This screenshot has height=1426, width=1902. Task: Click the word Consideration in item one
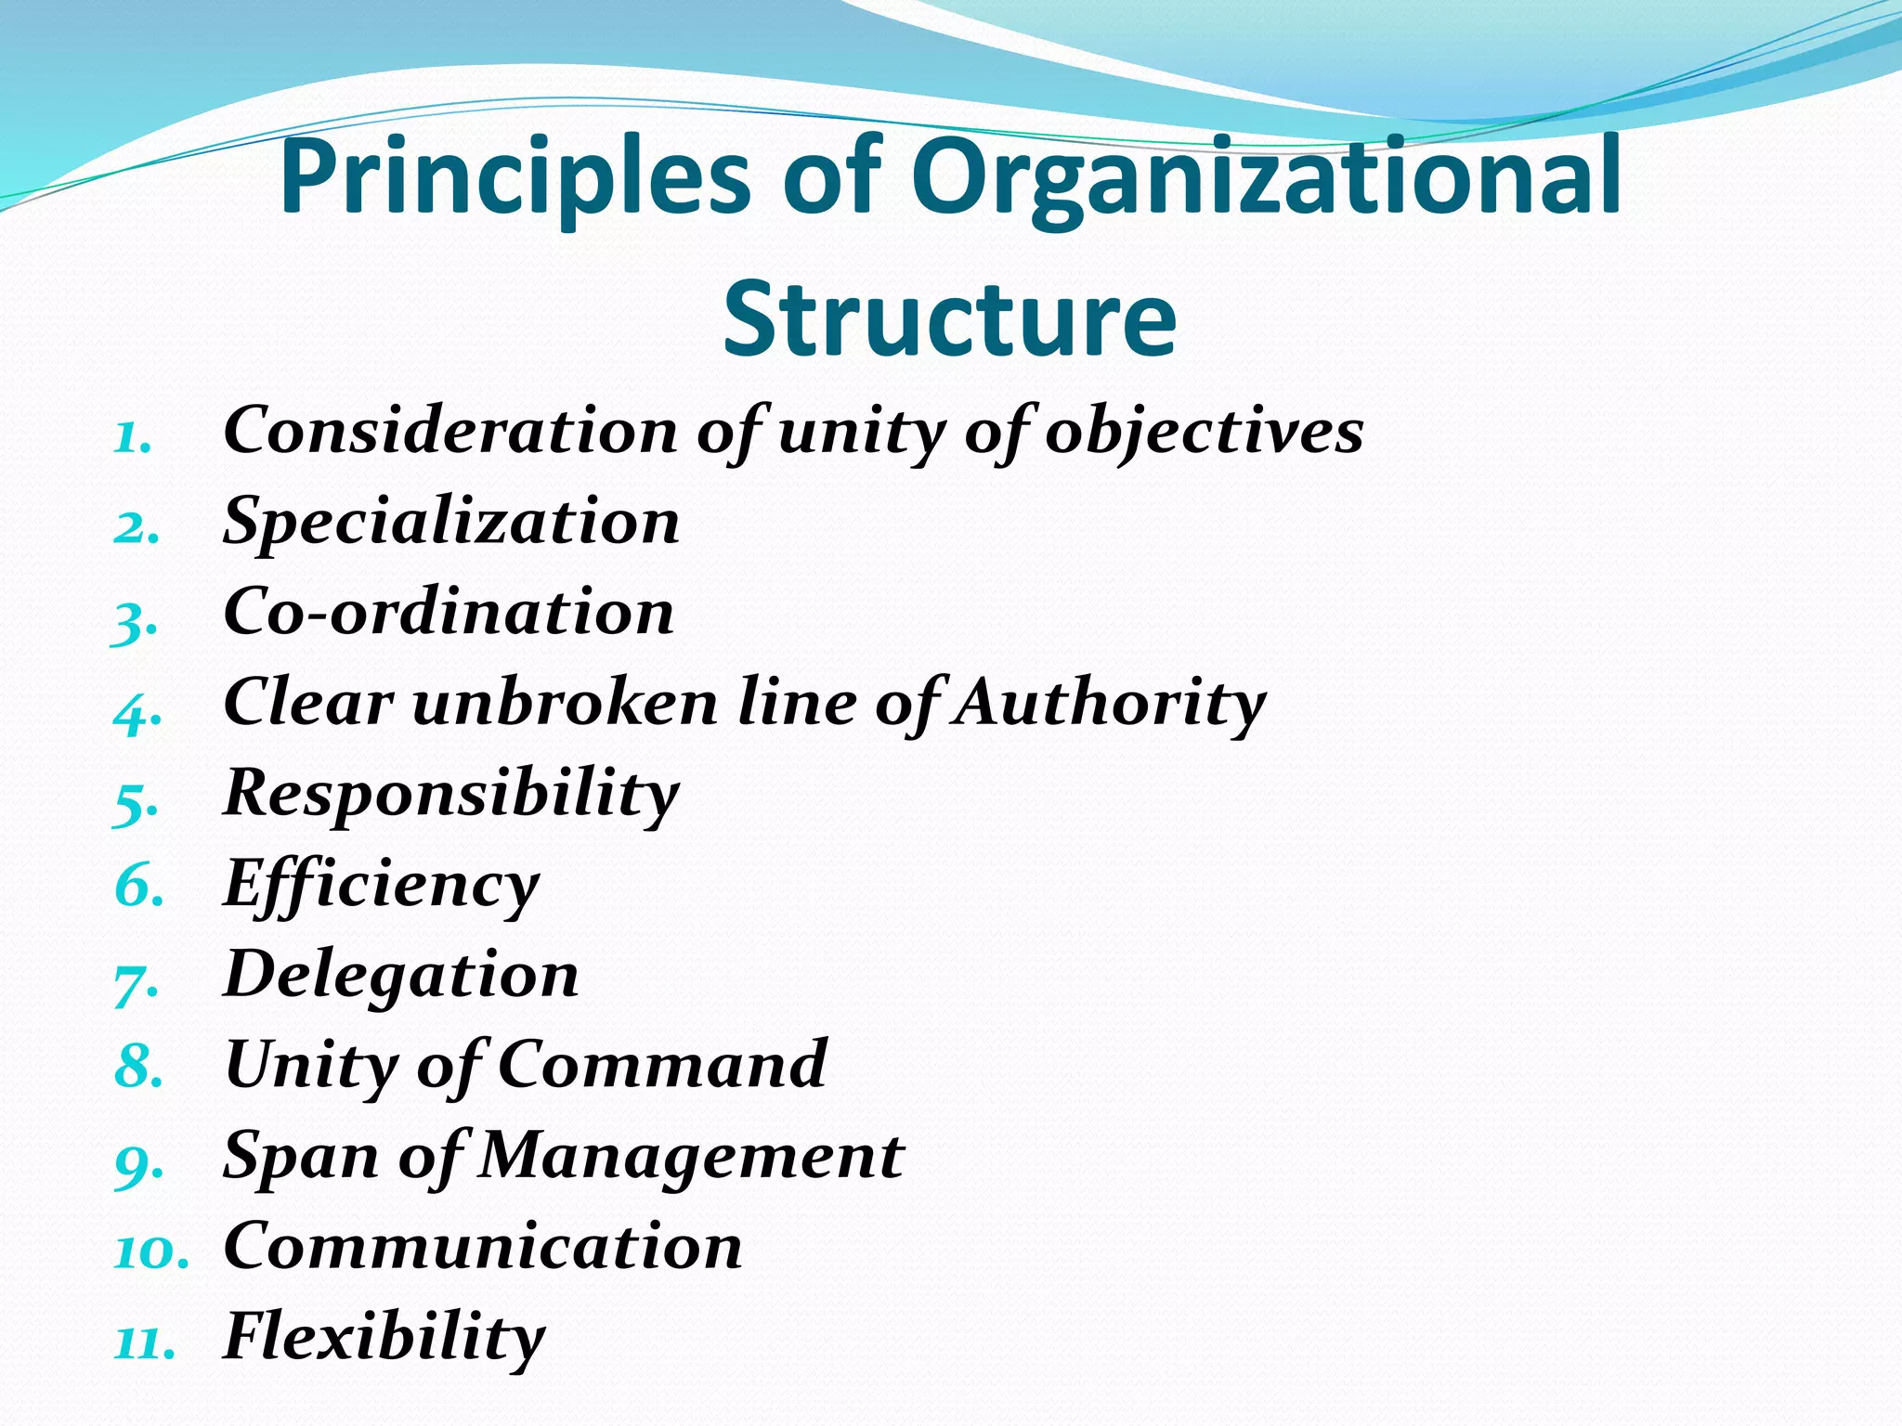pyautogui.click(x=451, y=431)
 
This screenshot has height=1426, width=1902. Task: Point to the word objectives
pyautogui.click(x=1204, y=433)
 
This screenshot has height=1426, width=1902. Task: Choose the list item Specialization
pyautogui.click(x=451, y=522)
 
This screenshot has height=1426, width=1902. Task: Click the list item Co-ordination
pyautogui.click(x=449, y=613)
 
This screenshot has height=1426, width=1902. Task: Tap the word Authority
pyautogui.click(x=1111, y=704)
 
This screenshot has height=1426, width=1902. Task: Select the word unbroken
pyautogui.click(x=565, y=703)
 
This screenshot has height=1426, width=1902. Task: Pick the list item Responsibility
pyautogui.click(x=451, y=795)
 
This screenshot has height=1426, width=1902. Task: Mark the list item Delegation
pyautogui.click(x=401, y=976)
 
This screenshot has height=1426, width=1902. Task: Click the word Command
pyautogui.click(x=662, y=1065)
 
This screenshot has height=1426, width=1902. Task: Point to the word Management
pyautogui.click(x=691, y=1157)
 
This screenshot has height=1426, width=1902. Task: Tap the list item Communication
pyautogui.click(x=483, y=1247)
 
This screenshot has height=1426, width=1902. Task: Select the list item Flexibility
pyautogui.click(x=384, y=1338)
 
